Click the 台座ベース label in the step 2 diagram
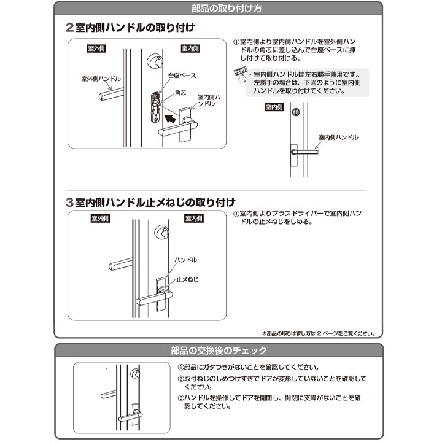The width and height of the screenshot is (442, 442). pos(182,75)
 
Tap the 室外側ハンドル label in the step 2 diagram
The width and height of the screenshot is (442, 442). pos(101,79)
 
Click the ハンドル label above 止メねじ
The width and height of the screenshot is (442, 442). pos(185,260)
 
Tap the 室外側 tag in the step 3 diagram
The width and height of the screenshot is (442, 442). pos(100,219)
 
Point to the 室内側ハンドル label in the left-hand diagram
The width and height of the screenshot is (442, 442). pos(338,137)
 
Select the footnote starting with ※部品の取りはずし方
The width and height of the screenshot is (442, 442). pos(318,334)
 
